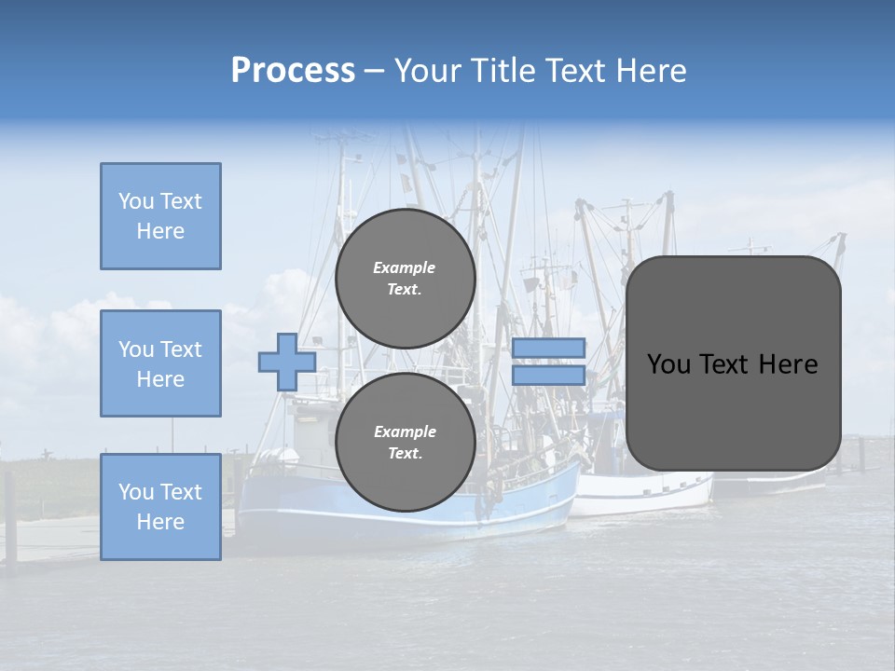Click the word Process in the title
(293, 71)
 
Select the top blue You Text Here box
(160, 216)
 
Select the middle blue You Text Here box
(160, 363)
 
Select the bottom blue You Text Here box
(160, 507)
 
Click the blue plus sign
(286, 363)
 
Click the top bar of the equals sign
(548, 348)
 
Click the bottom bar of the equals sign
(548, 376)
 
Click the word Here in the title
(650, 71)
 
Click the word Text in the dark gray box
(732, 364)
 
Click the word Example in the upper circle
(405, 267)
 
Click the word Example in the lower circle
(405, 431)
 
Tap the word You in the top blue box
(135, 201)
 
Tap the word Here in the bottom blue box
(160, 522)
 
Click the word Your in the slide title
(426, 71)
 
